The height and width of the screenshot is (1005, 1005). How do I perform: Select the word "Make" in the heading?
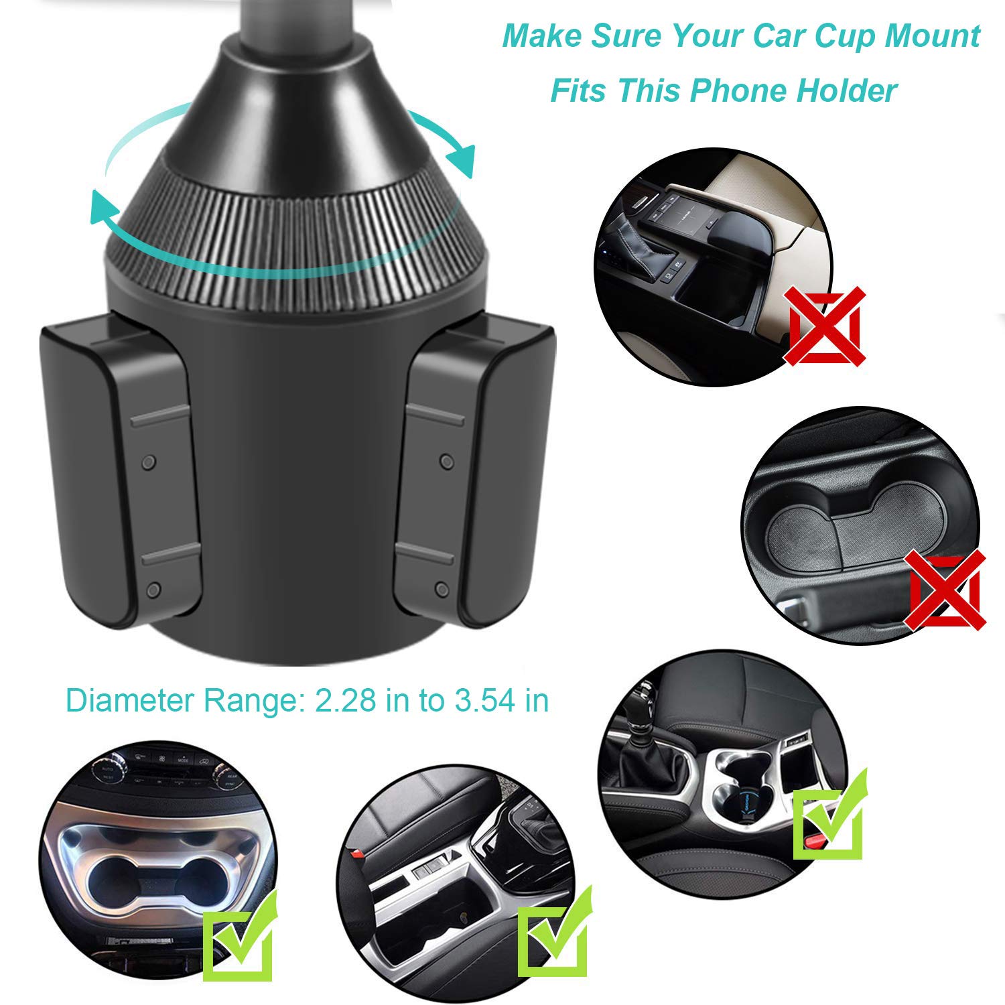point(541,36)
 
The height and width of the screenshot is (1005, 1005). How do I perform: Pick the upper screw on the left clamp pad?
point(149,462)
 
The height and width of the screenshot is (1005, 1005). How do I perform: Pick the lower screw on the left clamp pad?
point(153,590)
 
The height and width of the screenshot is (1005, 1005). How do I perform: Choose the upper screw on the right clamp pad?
point(446,461)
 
